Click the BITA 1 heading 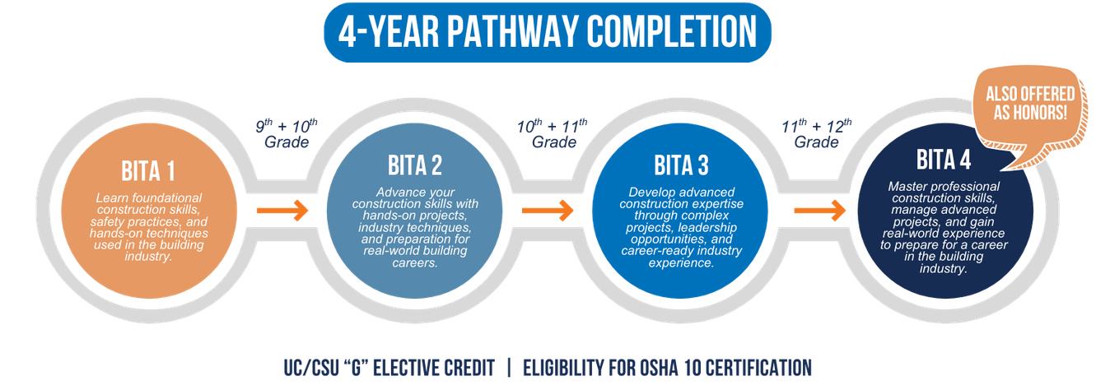pos(148,172)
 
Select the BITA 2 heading pos(414,165)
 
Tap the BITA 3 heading pos(681,165)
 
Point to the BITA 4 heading pos(944,159)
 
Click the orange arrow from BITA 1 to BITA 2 pos(282,210)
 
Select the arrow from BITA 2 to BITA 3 pos(548,210)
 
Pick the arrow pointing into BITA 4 pos(819,210)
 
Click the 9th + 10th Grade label pos(286,133)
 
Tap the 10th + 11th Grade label pos(553,133)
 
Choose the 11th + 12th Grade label pos(816,133)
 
